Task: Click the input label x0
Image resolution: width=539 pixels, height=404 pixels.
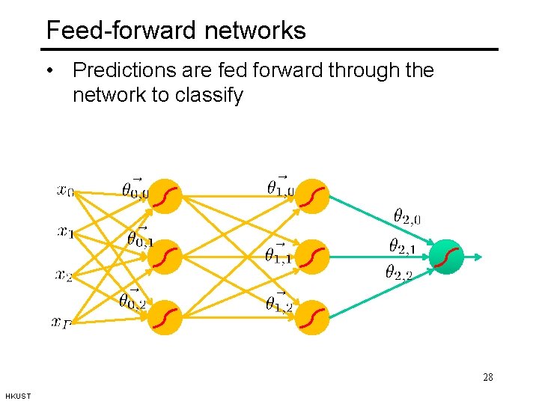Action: pos(65,192)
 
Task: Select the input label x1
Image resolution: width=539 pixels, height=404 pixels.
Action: pos(65,233)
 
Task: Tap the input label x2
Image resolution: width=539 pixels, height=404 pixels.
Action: pos(64,275)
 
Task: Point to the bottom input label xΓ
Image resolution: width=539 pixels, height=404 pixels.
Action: pos(61,322)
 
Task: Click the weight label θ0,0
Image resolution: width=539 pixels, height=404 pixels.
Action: pos(135,189)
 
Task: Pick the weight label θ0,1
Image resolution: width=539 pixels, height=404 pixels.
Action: pos(140,238)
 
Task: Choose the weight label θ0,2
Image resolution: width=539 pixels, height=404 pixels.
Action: pos(133,300)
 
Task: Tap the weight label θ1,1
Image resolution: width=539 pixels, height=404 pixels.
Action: pos(278,254)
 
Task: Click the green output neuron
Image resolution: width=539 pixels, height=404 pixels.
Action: pos(448,257)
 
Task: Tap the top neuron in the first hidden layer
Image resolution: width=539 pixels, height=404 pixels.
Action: pos(164,195)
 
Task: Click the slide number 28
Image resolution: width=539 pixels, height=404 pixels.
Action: pos(488,377)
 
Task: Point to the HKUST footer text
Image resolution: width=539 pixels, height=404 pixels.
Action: pos(17,396)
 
